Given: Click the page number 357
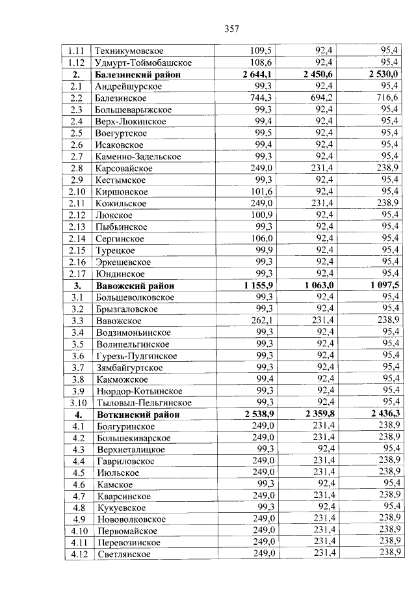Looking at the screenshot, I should tap(232, 29).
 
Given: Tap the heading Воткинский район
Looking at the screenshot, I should tap(137, 415).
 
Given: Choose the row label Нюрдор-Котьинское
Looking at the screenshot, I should tap(138, 391).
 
